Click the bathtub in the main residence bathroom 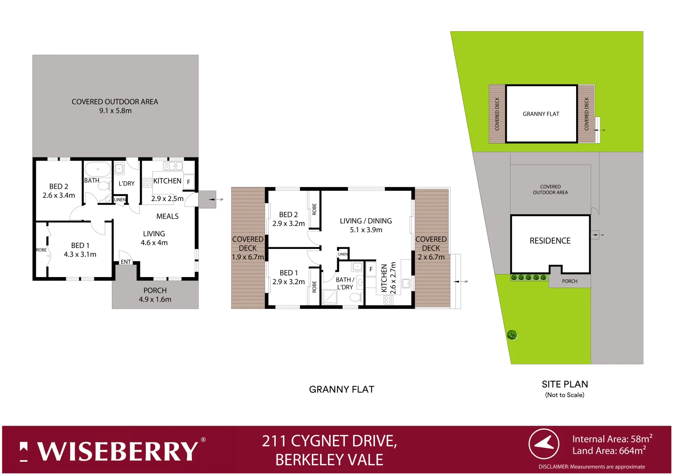coord(98,169)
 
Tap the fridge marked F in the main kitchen coord(189,182)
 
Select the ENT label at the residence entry coord(126,262)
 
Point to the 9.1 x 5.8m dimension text coord(115,111)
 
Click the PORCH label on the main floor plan coord(155,290)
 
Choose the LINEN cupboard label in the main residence coord(120,200)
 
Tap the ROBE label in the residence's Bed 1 coord(41,250)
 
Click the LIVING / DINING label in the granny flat coord(366,221)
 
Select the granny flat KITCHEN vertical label coord(384,278)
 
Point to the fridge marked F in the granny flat coord(371,269)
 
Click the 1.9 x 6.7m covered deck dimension coord(248,257)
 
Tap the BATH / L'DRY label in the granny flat coord(344,283)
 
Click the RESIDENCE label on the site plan coord(550,241)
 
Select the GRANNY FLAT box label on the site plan coord(541,114)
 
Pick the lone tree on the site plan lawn coord(512,335)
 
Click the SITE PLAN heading coord(565,384)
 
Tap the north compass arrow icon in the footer coord(544,444)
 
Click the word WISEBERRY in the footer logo coord(118,451)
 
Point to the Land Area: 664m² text coord(609,451)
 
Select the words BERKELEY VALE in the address coord(329,460)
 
